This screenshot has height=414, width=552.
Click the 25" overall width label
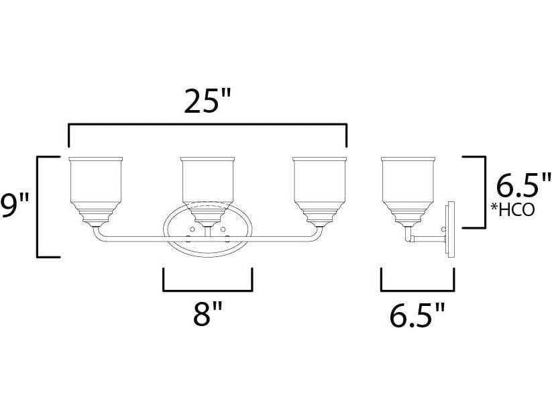pos(207,102)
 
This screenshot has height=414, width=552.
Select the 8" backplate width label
pos(207,313)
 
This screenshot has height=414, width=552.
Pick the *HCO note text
pos(512,209)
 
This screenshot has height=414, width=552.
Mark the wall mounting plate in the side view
pos(450,229)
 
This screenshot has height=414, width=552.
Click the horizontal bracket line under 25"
pos(207,125)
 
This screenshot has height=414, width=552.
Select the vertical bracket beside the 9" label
pos(38,206)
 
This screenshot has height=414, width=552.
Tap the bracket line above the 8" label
pos(207,291)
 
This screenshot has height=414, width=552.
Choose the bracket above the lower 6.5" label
pos(417,291)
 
